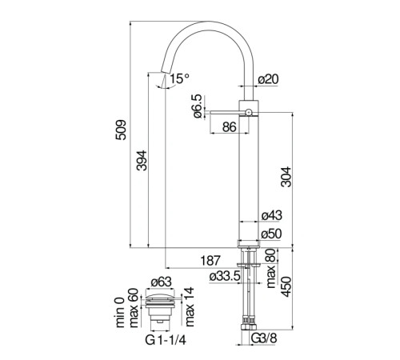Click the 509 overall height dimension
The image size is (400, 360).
(x=121, y=130)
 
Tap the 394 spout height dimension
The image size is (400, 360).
(x=142, y=160)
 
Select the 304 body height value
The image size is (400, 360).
(x=286, y=177)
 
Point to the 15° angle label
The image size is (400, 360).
(x=179, y=78)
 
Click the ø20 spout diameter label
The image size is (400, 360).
(x=269, y=79)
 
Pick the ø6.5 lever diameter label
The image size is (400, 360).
(x=198, y=106)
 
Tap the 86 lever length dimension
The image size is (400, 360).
(x=230, y=127)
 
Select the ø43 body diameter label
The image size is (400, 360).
(x=271, y=215)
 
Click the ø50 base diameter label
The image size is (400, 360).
(x=271, y=234)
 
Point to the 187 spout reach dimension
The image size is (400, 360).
(x=210, y=261)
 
